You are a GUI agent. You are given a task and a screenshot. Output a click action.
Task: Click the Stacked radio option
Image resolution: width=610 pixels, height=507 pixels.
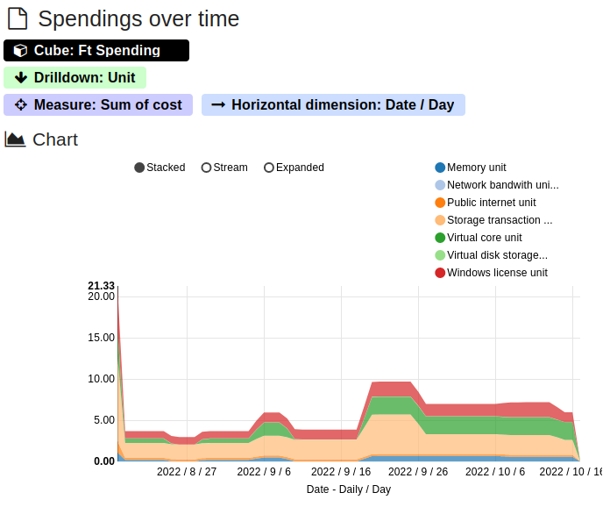(x=140, y=168)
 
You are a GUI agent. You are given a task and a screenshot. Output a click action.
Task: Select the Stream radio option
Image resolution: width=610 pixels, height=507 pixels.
(x=207, y=168)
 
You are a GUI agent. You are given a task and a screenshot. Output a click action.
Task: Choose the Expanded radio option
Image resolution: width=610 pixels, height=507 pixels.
(x=269, y=168)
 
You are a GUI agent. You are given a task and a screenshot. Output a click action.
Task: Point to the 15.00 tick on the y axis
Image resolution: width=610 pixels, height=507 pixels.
(x=102, y=338)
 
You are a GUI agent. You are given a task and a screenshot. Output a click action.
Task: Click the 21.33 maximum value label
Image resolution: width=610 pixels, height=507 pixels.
(x=102, y=286)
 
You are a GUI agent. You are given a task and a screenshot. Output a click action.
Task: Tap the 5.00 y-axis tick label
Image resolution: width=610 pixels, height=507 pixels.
(x=104, y=420)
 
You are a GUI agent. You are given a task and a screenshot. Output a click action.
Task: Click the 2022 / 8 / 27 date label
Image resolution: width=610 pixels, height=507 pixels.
(x=187, y=472)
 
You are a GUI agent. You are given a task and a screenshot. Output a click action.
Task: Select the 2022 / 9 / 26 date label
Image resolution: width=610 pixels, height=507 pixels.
(x=418, y=472)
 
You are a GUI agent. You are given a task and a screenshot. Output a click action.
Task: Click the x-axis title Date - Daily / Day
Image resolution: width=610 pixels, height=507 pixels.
(x=349, y=489)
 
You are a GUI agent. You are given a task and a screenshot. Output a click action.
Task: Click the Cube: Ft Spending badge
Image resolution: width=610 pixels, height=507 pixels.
(x=96, y=51)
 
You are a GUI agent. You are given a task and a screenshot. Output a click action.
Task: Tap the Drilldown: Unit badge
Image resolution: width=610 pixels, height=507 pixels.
(x=75, y=78)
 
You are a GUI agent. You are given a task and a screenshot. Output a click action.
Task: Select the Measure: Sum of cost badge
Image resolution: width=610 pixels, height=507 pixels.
(x=98, y=105)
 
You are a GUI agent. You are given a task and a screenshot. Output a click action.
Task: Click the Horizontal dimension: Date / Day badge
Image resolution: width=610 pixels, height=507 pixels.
(x=333, y=105)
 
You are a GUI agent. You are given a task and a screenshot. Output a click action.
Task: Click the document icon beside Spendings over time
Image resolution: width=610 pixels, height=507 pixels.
(x=18, y=19)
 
